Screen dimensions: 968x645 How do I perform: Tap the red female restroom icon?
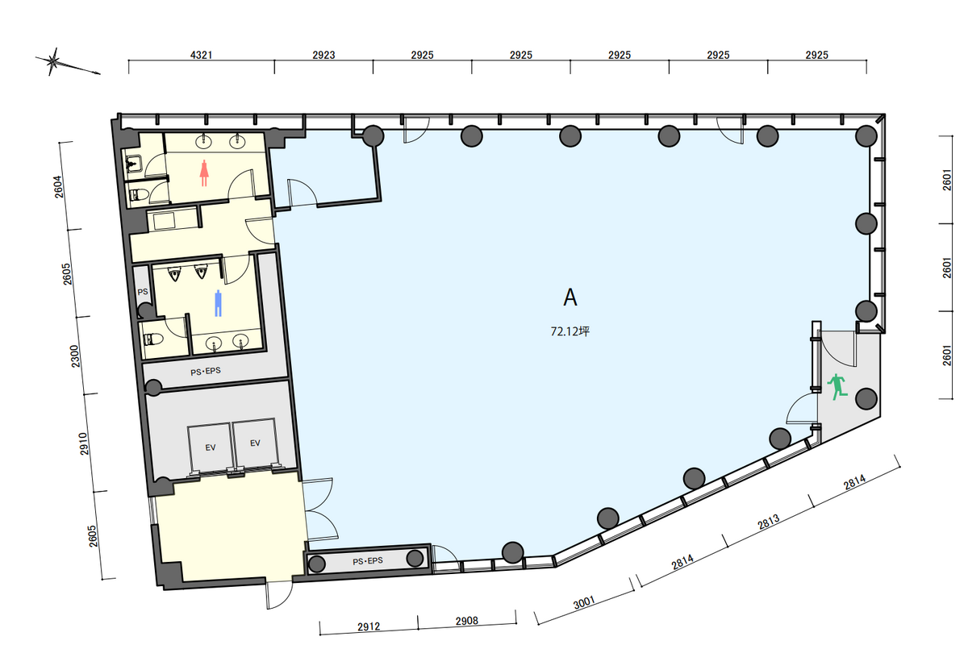[x=204, y=173]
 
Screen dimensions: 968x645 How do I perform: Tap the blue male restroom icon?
[x=219, y=303]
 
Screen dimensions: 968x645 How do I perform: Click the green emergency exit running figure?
[x=837, y=387]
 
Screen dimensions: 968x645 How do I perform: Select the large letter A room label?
[x=570, y=298]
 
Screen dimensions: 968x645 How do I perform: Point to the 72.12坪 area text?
[x=570, y=331]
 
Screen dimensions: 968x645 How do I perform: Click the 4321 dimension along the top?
[x=202, y=55]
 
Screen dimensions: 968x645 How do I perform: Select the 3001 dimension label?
[x=584, y=602]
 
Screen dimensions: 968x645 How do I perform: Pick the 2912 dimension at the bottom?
[x=369, y=626]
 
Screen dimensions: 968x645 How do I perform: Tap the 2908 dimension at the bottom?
[x=467, y=621]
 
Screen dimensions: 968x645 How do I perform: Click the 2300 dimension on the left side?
[x=75, y=356]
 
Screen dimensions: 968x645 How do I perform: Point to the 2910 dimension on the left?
[x=84, y=443]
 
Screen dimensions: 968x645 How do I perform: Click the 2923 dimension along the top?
[x=323, y=55]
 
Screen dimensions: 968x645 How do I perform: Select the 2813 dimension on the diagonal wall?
[x=769, y=522]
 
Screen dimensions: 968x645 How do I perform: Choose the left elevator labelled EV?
[x=211, y=447]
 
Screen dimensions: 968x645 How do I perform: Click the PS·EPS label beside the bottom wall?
[x=368, y=561]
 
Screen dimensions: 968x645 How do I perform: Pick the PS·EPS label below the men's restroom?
[x=206, y=371]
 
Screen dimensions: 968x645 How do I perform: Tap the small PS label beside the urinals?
[x=143, y=292]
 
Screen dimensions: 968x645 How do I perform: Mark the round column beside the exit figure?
[x=866, y=399]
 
